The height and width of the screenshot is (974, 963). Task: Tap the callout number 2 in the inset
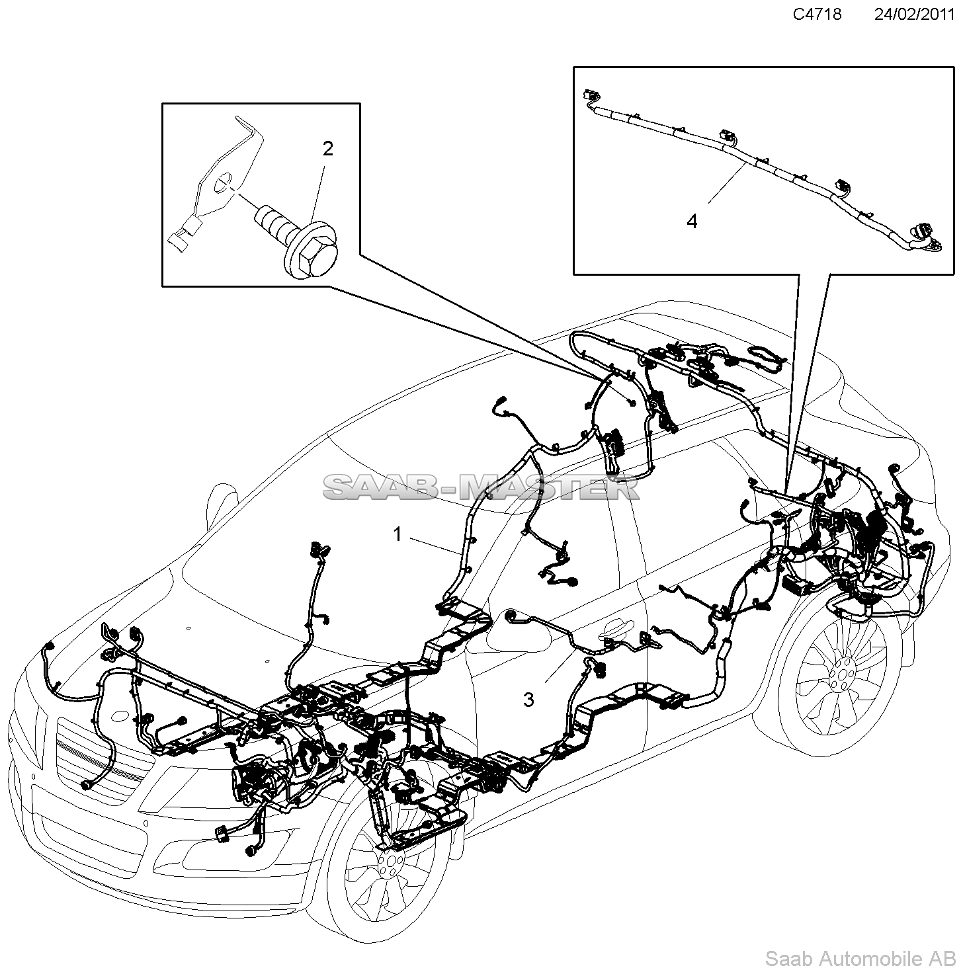click(328, 149)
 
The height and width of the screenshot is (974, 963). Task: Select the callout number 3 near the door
click(528, 699)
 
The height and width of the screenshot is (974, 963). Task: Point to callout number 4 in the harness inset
click(692, 221)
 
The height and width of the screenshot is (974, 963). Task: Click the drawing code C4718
click(817, 14)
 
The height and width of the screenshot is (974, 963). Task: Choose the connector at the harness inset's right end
click(926, 238)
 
